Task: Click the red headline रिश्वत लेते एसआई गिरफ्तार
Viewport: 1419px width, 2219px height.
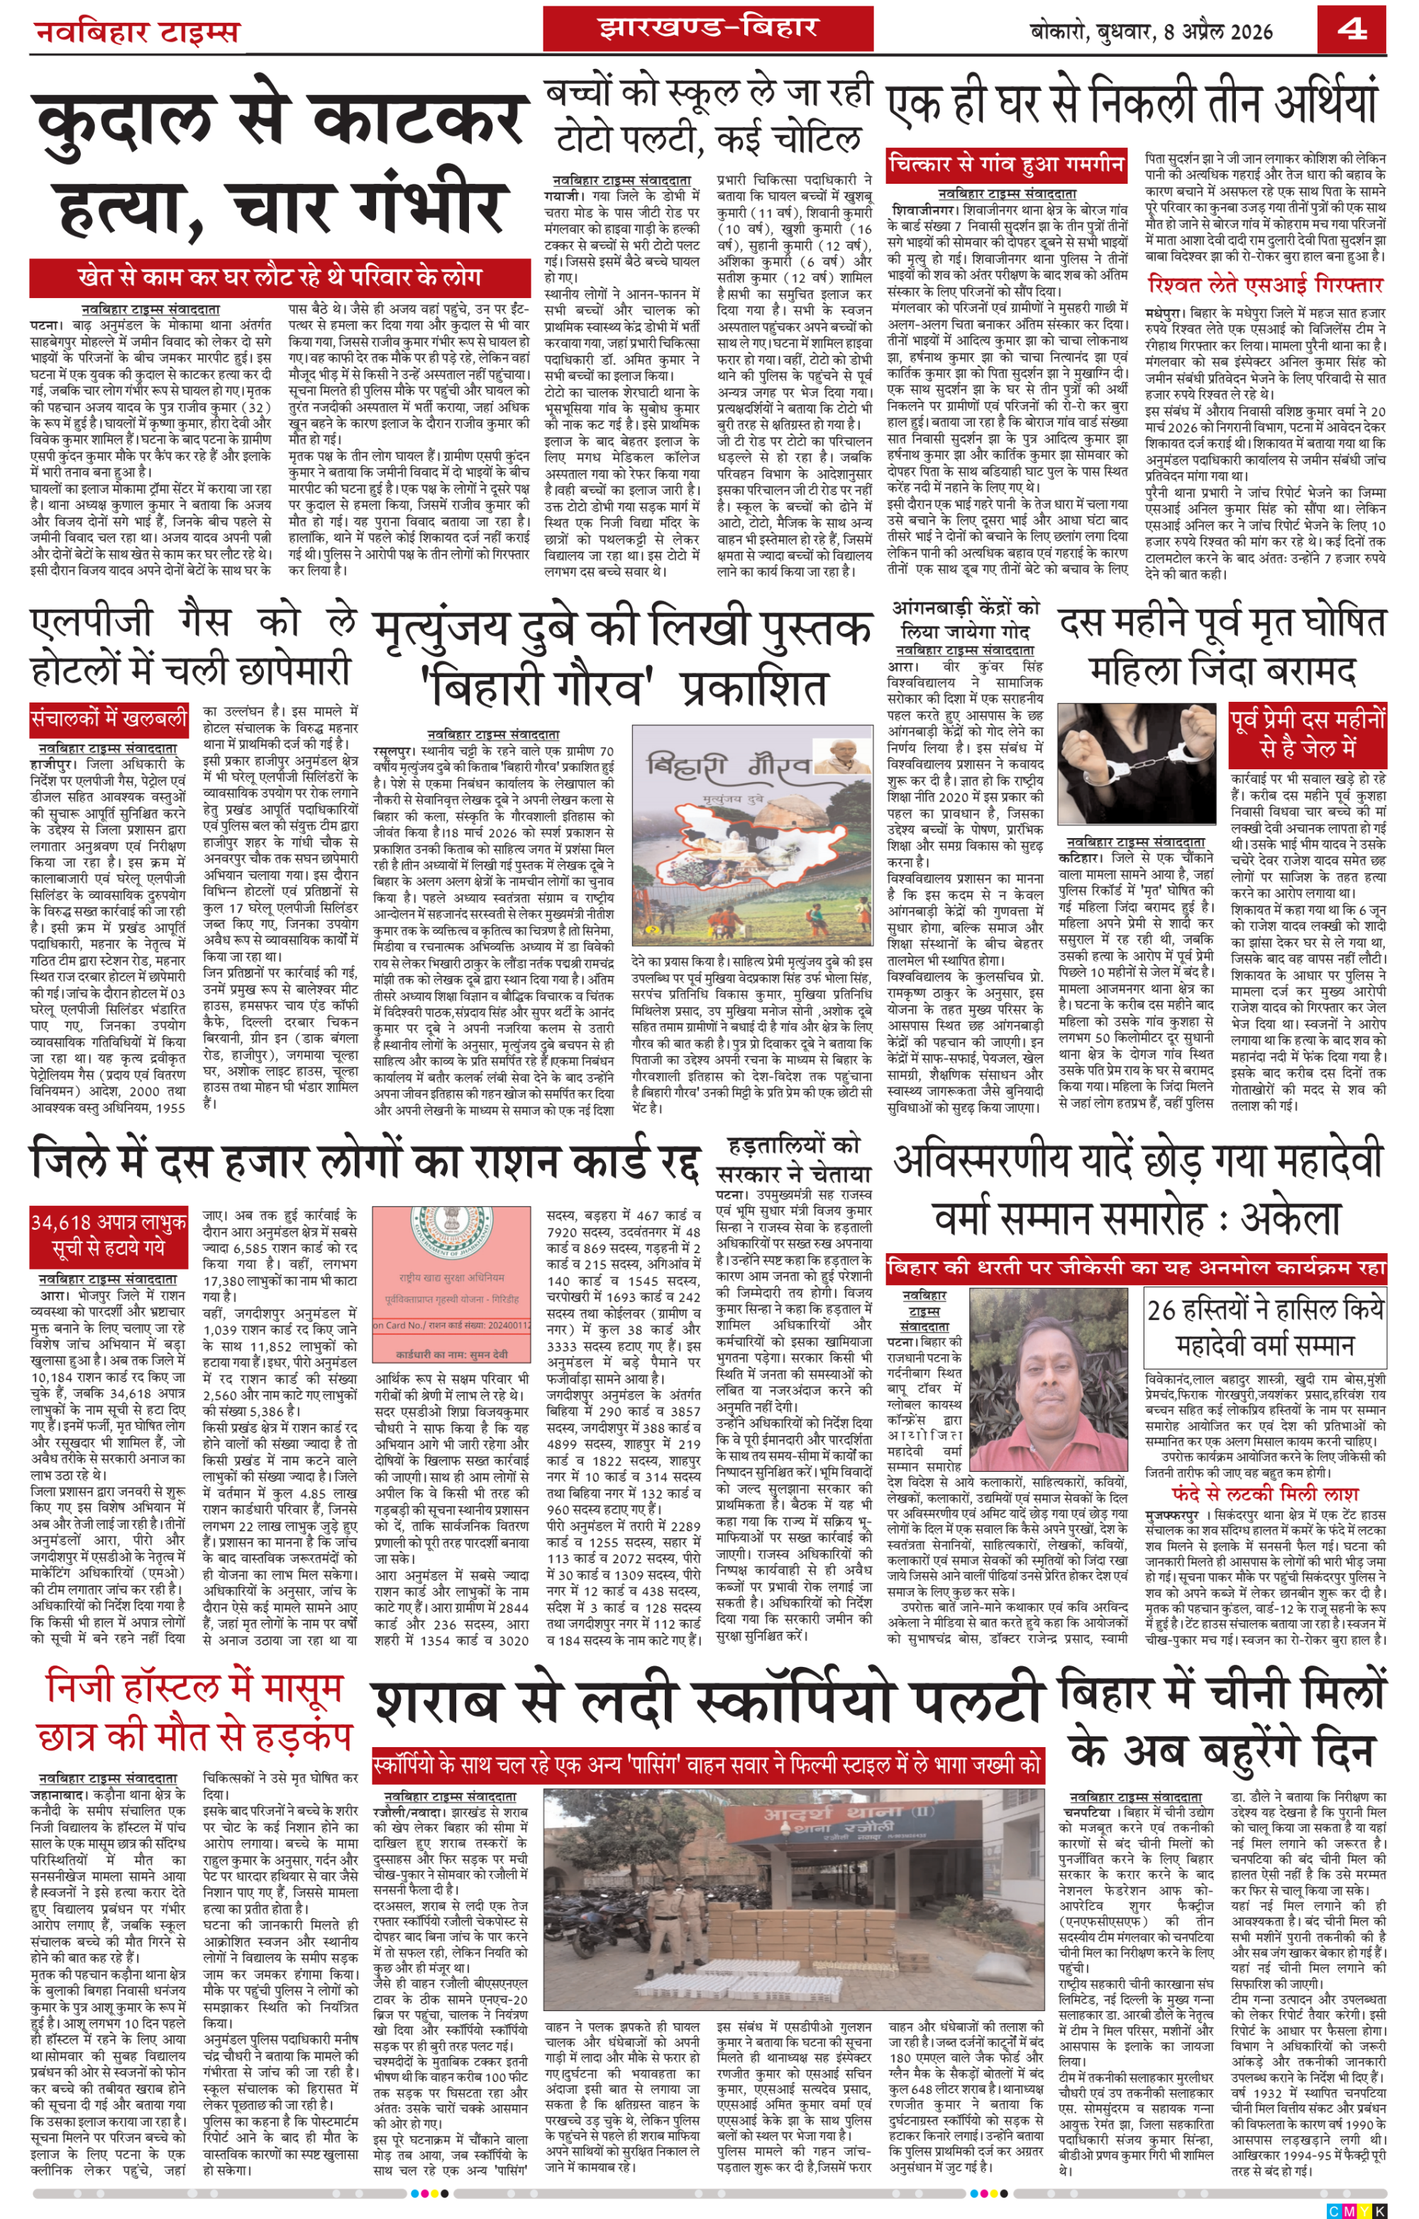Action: coord(1265,285)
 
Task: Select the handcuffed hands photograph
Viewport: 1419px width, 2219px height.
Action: coord(1139,764)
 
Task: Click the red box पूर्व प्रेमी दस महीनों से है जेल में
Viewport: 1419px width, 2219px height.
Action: coord(1308,732)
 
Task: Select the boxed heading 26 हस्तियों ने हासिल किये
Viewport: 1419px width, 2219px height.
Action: coord(1264,1327)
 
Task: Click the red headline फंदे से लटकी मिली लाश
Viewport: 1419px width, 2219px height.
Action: coord(1264,1494)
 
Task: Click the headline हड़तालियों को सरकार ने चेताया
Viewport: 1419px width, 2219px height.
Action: coord(793,1160)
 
